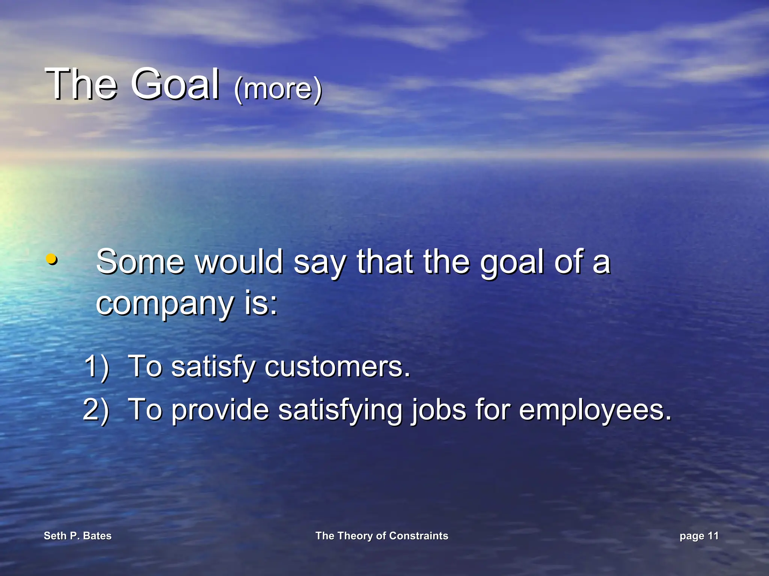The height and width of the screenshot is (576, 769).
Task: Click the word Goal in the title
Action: pyautogui.click(x=175, y=84)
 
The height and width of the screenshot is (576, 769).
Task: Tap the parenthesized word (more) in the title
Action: pyautogui.click(x=278, y=89)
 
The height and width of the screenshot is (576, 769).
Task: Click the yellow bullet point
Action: pyautogui.click(x=51, y=259)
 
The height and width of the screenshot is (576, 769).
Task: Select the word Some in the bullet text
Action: pyautogui.click(x=140, y=262)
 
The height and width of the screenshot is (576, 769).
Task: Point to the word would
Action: pyautogui.click(x=239, y=262)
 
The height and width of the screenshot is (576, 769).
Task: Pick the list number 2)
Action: pyautogui.click(x=96, y=409)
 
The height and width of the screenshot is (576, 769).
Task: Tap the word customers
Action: pyautogui.click(x=337, y=366)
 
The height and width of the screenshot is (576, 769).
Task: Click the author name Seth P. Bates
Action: pyautogui.click(x=78, y=536)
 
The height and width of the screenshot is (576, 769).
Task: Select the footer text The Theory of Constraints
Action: pyautogui.click(x=381, y=536)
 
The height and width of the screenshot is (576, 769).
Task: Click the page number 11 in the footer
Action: pyautogui.click(x=713, y=536)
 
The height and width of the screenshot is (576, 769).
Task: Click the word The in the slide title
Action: pyautogui.click(x=81, y=84)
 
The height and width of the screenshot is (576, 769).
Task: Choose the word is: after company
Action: pyautogui.click(x=261, y=303)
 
